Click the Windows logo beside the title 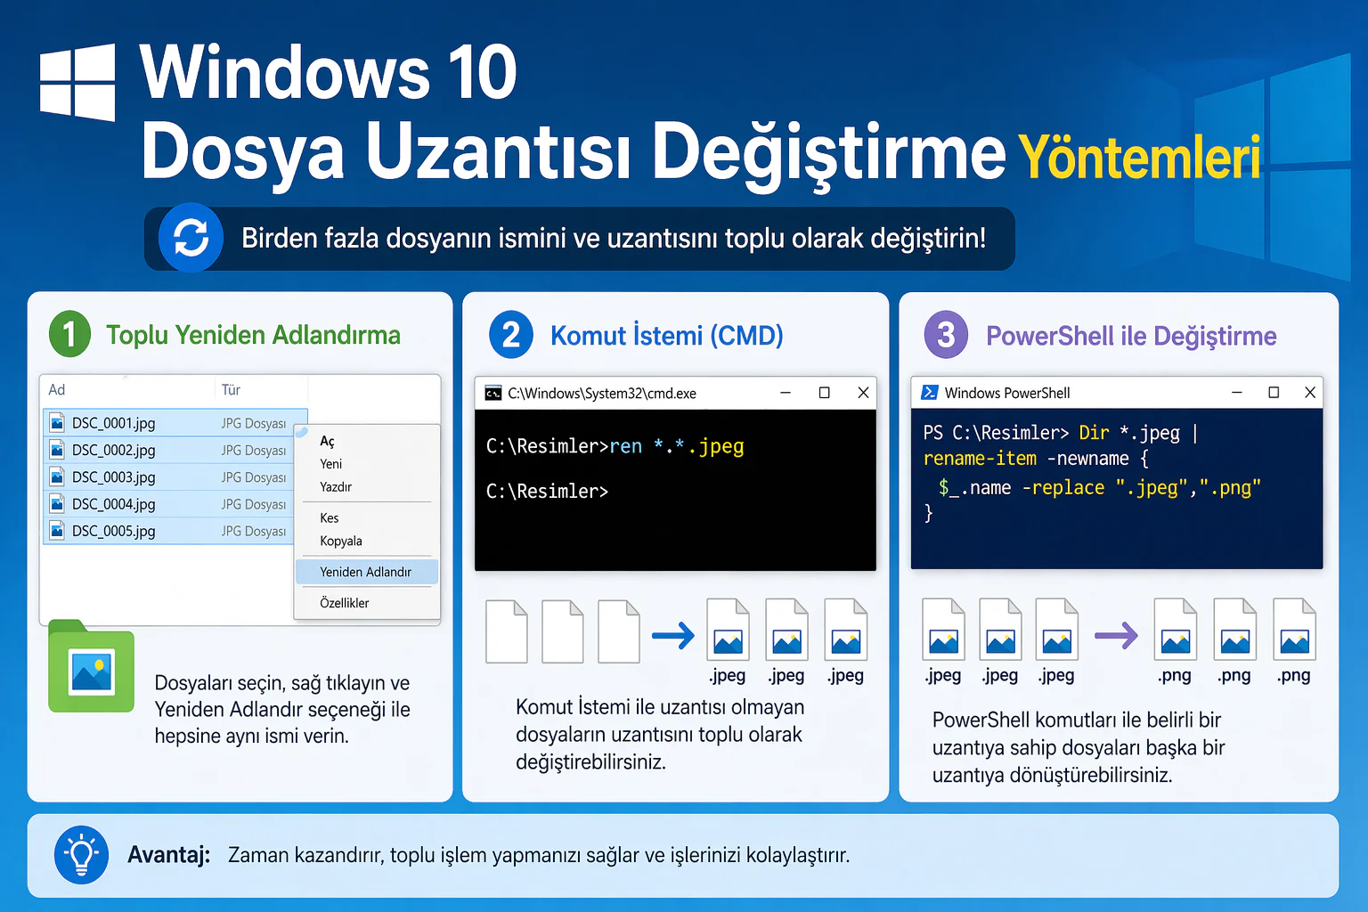coord(77,82)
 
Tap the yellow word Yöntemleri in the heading coord(1139,158)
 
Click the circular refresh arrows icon coord(191,238)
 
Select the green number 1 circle coord(69,335)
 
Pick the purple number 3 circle coord(946,336)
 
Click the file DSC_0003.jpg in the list coord(113,477)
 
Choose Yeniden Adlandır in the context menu coord(365,572)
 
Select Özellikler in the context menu coord(345,603)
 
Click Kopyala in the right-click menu coord(341,541)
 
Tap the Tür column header coord(231,390)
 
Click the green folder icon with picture coord(92,669)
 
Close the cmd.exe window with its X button coord(863,393)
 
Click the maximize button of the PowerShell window coord(1274,393)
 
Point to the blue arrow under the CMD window coord(673,635)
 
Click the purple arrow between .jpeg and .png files coord(1116,635)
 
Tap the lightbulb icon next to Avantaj coord(82,855)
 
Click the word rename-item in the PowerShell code coord(980,459)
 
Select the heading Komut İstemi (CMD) coord(666,336)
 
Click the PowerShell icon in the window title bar coord(929,393)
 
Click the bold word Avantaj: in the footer coord(168,855)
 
